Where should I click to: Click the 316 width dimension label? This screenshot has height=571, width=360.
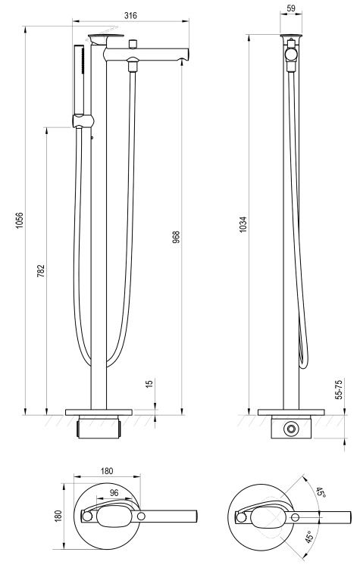(x=130, y=15)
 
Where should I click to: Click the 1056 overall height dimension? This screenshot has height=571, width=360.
(x=19, y=220)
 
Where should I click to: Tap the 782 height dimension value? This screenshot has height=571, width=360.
(x=41, y=271)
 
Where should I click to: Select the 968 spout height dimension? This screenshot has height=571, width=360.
(x=176, y=237)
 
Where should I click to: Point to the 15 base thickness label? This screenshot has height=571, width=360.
(x=149, y=383)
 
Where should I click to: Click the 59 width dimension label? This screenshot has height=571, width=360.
(x=291, y=9)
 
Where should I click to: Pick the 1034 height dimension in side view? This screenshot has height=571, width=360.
(x=243, y=224)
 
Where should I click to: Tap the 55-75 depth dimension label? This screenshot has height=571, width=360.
(x=338, y=390)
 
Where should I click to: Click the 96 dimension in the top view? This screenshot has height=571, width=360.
(x=114, y=492)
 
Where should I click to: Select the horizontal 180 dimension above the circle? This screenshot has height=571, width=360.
(x=107, y=471)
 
